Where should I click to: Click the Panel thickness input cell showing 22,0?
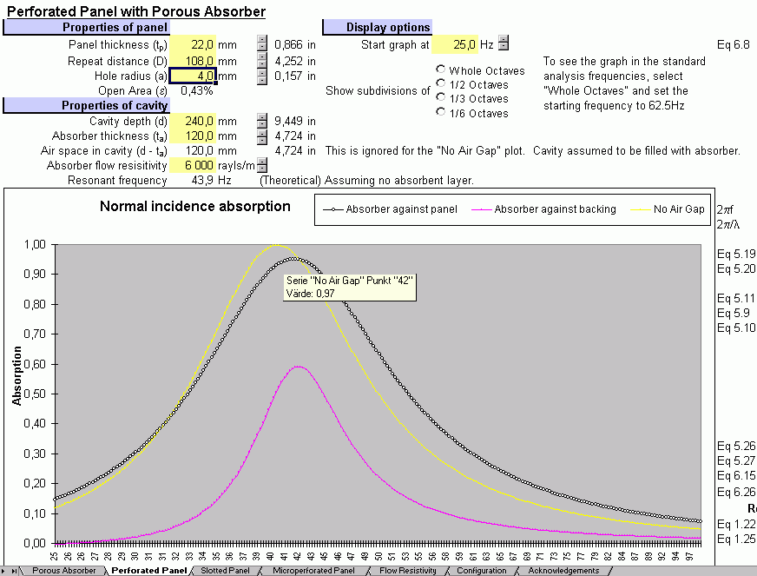point(193,44)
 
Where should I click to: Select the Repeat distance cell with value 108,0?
point(193,61)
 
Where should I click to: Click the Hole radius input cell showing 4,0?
point(193,76)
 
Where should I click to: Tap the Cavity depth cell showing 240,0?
point(193,121)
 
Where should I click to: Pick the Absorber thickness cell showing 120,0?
point(193,136)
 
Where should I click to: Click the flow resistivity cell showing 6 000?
point(193,165)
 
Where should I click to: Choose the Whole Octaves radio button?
point(442,70)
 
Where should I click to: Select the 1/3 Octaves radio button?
point(442,98)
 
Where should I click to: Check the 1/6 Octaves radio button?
point(442,112)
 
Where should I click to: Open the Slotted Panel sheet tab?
point(225,571)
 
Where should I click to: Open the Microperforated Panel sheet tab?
point(313,571)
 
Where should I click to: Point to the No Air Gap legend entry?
point(678,209)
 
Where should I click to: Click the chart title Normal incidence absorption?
point(195,206)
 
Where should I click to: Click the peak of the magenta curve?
point(298,367)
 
